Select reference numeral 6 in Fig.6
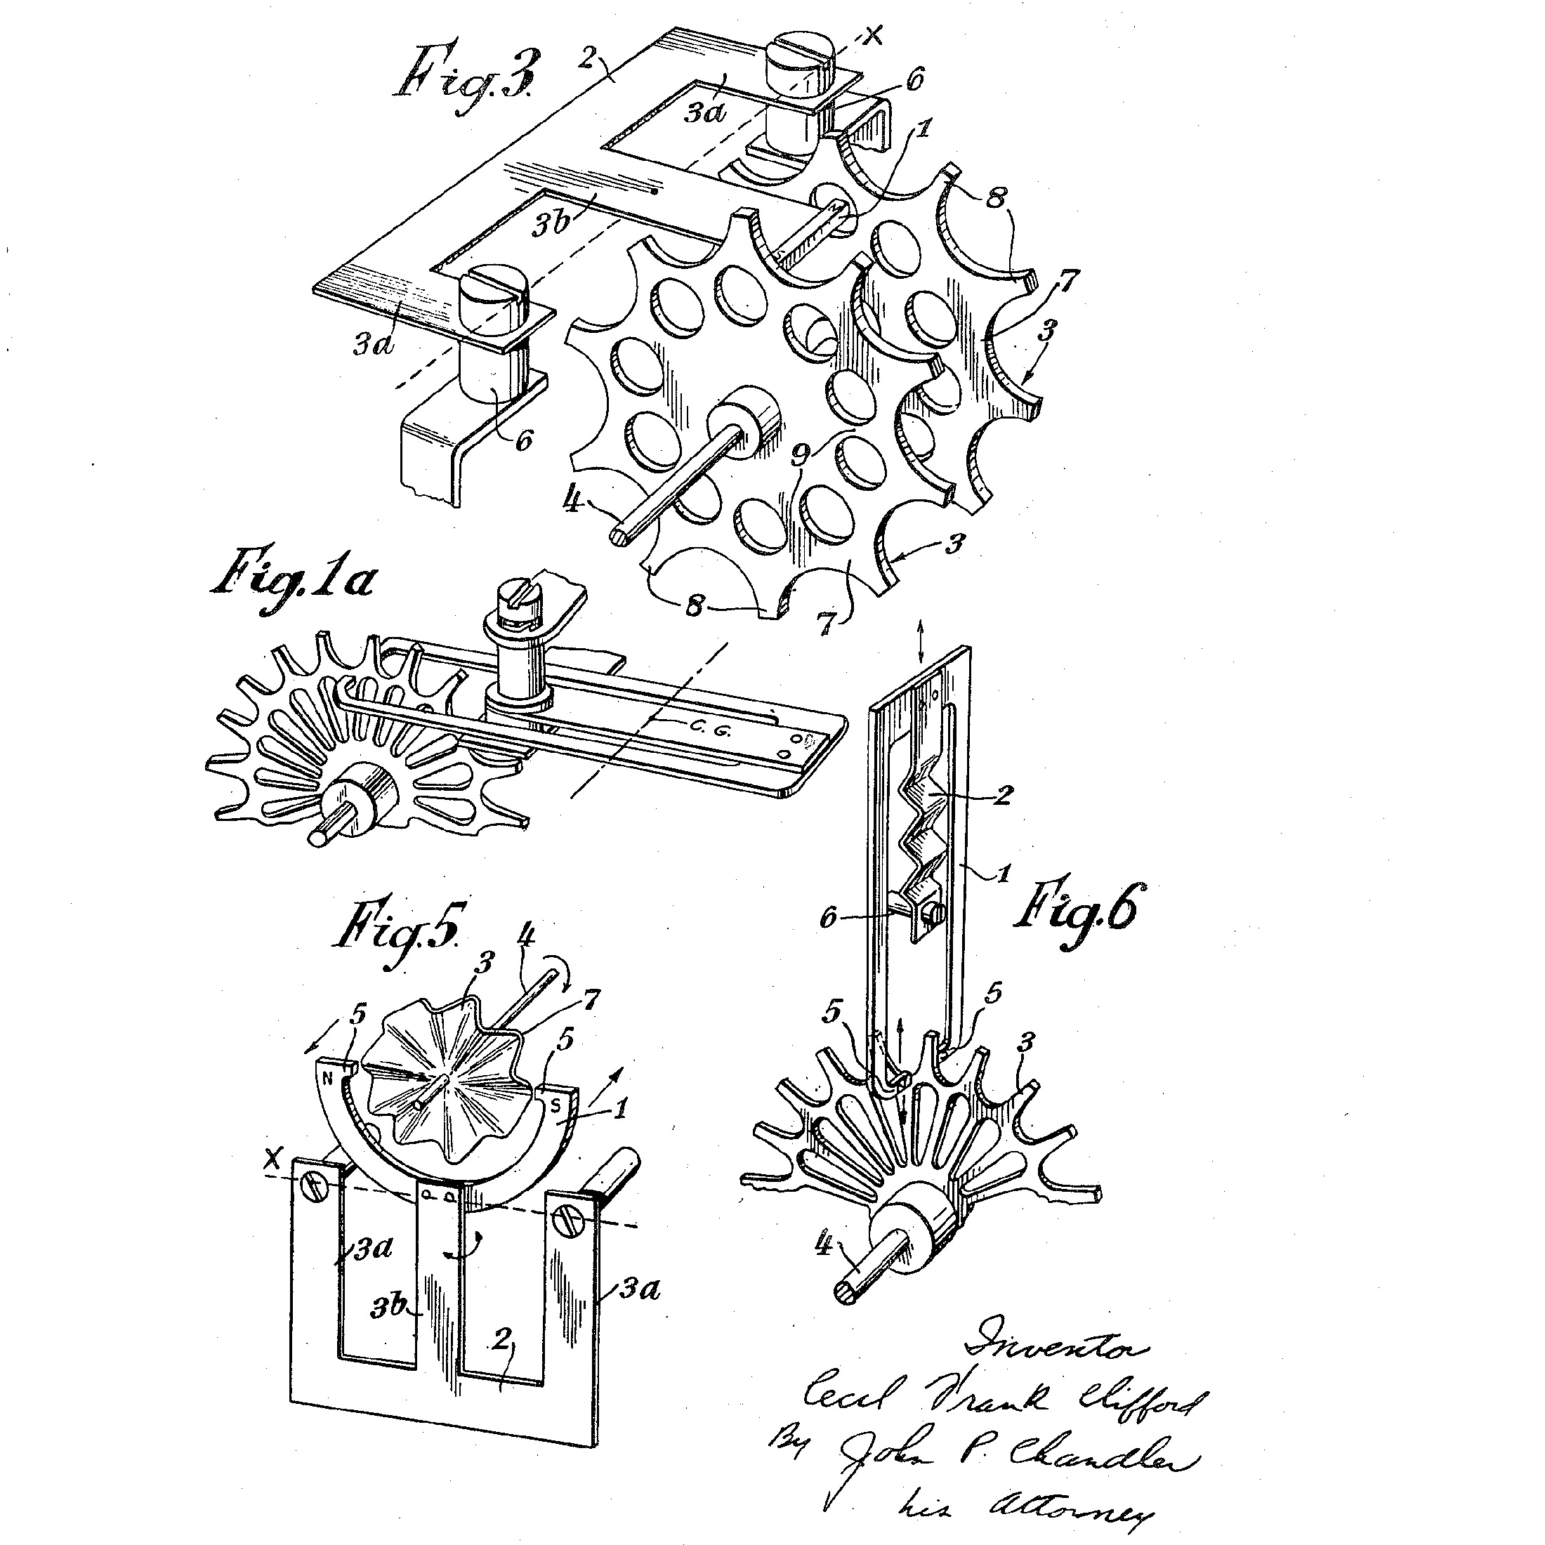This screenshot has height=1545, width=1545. [x=828, y=917]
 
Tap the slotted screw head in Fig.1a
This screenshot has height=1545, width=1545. [x=518, y=595]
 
